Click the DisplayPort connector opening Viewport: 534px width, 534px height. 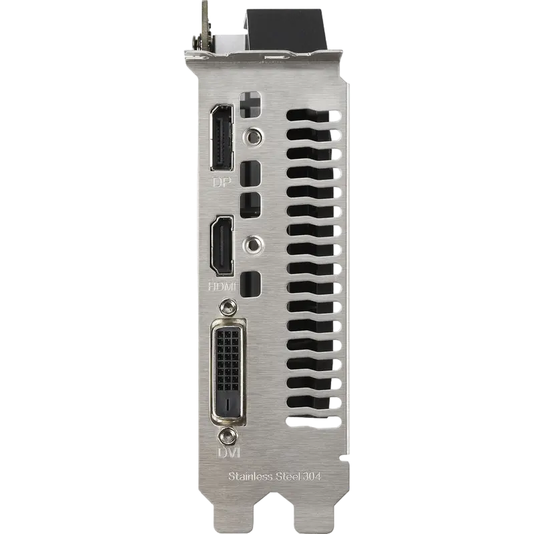click(222, 138)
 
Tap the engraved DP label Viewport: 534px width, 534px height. click(222, 182)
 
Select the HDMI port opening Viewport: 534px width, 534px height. click(222, 245)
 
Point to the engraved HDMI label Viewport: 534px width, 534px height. click(222, 286)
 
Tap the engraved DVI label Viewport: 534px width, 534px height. click(228, 453)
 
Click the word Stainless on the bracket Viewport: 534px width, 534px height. click(250, 476)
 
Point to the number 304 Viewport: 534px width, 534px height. click(312, 476)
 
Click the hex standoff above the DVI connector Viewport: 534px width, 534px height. click(228, 307)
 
